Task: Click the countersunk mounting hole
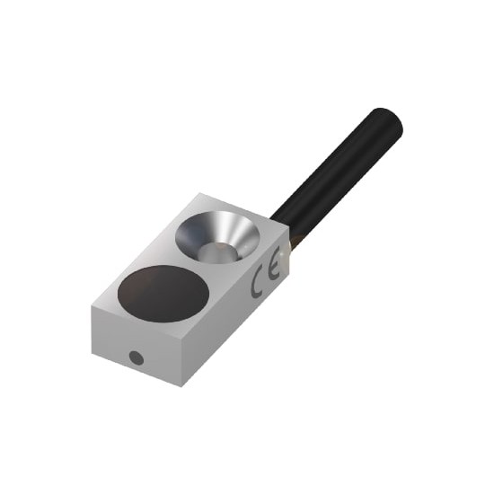click(x=217, y=236)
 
